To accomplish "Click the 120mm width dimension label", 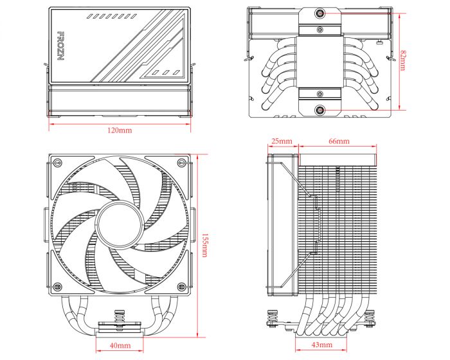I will (x=119, y=130).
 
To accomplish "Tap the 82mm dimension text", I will (x=402, y=62).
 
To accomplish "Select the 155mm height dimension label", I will (x=204, y=245).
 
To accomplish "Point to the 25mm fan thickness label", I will (x=282, y=141).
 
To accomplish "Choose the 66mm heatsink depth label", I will (x=338, y=141).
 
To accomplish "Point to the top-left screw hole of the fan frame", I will (x=57, y=162).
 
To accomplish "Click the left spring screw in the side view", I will (x=270, y=319).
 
